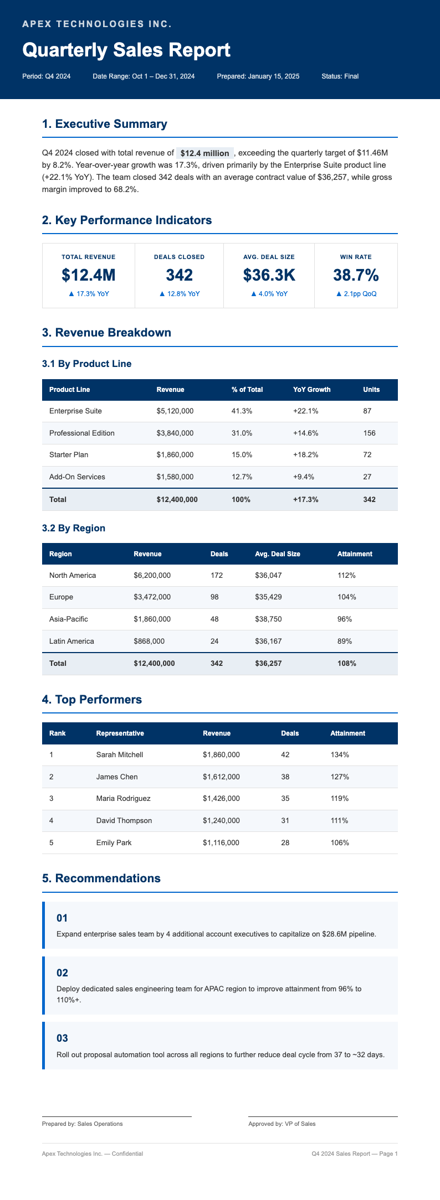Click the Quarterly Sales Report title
click(x=126, y=50)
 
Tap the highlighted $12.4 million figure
click(x=204, y=153)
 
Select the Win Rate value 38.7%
click(x=356, y=275)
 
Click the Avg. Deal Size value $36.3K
click(x=269, y=275)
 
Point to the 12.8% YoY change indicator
click(x=179, y=294)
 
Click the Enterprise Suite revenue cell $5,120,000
click(x=175, y=411)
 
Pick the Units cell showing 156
click(x=369, y=433)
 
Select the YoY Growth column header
click(x=311, y=390)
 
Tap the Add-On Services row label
click(x=77, y=477)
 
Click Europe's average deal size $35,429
click(x=268, y=597)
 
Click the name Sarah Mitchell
click(x=120, y=755)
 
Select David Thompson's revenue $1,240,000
click(x=221, y=820)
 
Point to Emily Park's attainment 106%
click(x=340, y=842)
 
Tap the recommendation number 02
click(x=62, y=973)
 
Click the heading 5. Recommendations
click(x=101, y=878)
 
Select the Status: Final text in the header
click(x=340, y=76)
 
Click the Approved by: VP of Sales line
click(x=282, y=1124)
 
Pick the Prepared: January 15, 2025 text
click(x=258, y=76)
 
